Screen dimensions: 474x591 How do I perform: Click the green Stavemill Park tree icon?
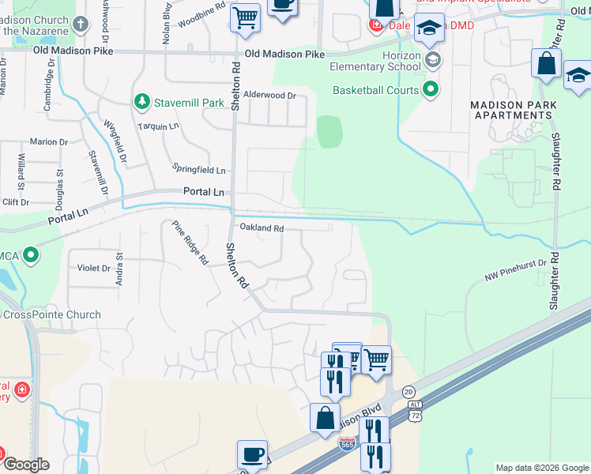tap(141, 101)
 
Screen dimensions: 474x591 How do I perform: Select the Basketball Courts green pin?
tap(431, 89)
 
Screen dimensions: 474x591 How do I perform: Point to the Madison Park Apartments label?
tap(513, 110)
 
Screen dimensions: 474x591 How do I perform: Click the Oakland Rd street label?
tap(261, 228)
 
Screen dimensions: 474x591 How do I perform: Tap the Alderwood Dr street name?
tap(269, 95)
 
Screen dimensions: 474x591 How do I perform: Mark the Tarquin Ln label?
tap(158, 126)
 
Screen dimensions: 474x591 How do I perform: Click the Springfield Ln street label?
tap(199, 170)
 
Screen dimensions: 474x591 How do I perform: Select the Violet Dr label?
tap(94, 268)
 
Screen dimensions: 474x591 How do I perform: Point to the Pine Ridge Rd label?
tap(190, 243)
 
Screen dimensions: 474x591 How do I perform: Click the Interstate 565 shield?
tap(347, 445)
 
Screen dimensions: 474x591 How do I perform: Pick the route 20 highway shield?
tap(408, 392)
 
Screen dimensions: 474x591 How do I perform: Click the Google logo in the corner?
tap(26, 464)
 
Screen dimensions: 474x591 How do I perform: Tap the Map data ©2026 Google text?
tap(541, 468)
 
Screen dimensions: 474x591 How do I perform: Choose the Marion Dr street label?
tap(48, 141)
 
